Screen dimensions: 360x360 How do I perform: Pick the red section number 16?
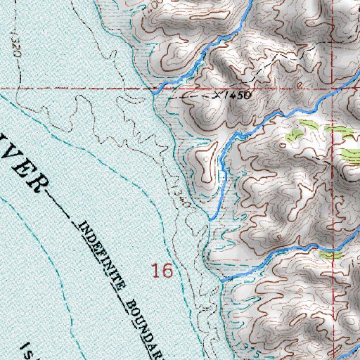162,270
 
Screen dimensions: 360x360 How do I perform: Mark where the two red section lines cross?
155,89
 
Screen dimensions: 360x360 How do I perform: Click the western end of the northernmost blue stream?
154,90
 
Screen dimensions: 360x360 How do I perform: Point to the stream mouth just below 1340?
209,219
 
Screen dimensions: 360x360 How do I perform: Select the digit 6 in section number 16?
167,270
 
